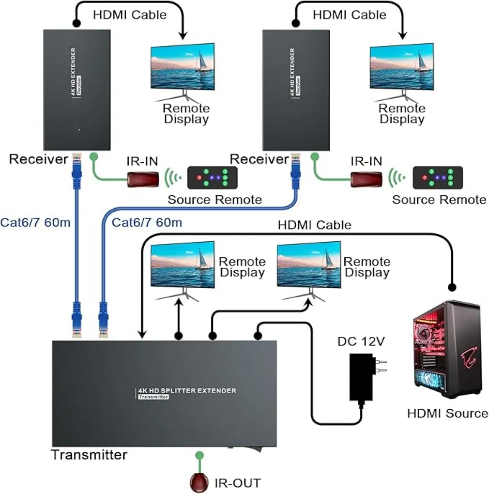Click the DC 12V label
click(361, 341)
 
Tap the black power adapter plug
click(362, 377)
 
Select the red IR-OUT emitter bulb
click(199, 483)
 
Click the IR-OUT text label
click(237, 483)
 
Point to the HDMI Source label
click(447, 413)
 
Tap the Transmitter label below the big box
click(89, 454)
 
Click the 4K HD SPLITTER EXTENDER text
click(186, 390)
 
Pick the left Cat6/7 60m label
click(35, 223)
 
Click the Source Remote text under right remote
click(439, 200)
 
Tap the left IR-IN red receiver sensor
click(143, 179)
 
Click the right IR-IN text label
click(366, 161)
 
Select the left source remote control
click(212, 177)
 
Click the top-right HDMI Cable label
click(349, 15)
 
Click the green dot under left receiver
click(94, 155)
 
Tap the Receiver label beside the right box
click(259, 159)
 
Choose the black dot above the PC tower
click(451, 287)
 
